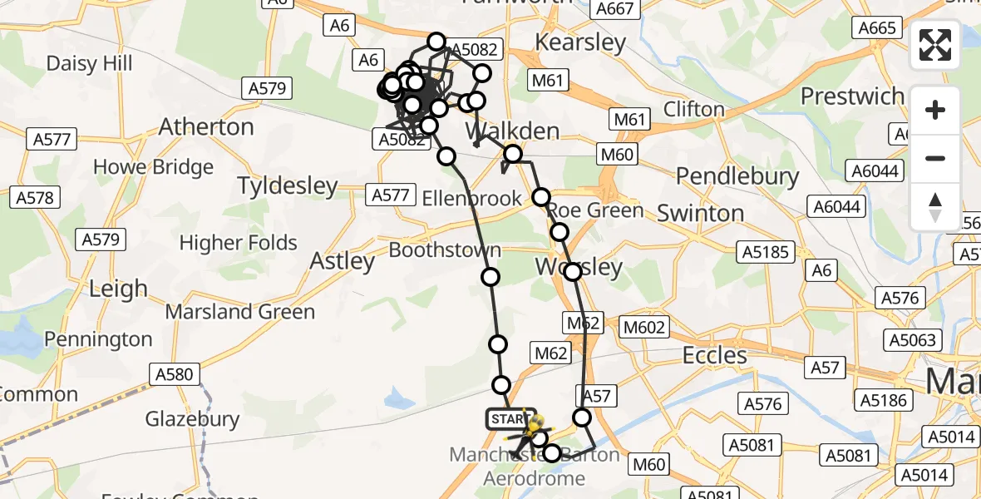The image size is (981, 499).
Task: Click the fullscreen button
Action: (935, 45)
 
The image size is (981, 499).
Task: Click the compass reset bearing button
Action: (935, 207)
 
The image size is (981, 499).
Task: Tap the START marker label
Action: (507, 419)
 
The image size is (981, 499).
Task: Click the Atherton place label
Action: (206, 127)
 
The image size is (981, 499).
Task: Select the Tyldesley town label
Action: (288, 185)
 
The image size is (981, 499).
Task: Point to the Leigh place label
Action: (118, 289)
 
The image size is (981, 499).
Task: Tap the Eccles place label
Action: (714, 356)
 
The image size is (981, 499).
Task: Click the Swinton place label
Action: (700, 213)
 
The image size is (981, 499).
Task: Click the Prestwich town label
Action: (852, 96)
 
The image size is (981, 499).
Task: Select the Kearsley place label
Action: (580, 42)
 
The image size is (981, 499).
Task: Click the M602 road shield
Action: (643, 327)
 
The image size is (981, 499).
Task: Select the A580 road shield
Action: (173, 374)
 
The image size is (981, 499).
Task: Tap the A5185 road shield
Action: (765, 252)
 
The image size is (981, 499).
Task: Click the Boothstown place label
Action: (445, 250)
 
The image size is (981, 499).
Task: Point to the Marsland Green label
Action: (240, 313)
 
